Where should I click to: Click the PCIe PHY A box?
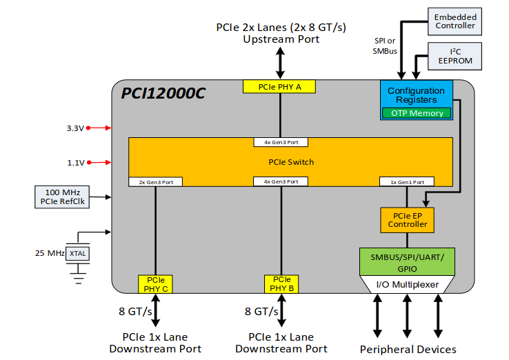pyautogui.click(x=279, y=87)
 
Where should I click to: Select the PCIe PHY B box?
pyautogui.click(x=281, y=284)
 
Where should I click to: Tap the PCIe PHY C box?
pyautogui.click(x=155, y=284)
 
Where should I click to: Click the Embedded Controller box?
pyautogui.click(x=455, y=21)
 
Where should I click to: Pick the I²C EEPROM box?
pyautogui.click(x=455, y=56)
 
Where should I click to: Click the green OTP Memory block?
pyautogui.click(x=417, y=113)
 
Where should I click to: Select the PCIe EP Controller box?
pyautogui.click(x=407, y=219)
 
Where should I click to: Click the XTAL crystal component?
pyautogui.click(x=78, y=254)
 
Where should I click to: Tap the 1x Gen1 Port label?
pyautogui.click(x=407, y=182)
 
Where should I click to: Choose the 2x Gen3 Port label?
pyautogui.click(x=156, y=182)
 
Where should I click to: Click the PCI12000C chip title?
pyautogui.click(x=163, y=93)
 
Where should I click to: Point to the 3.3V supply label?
pyautogui.click(x=75, y=128)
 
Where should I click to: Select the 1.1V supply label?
pyautogui.click(x=75, y=163)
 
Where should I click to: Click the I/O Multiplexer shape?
pyautogui.click(x=407, y=284)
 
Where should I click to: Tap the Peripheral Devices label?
pyautogui.click(x=408, y=349)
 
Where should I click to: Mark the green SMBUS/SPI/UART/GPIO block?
pyautogui.click(x=407, y=263)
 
